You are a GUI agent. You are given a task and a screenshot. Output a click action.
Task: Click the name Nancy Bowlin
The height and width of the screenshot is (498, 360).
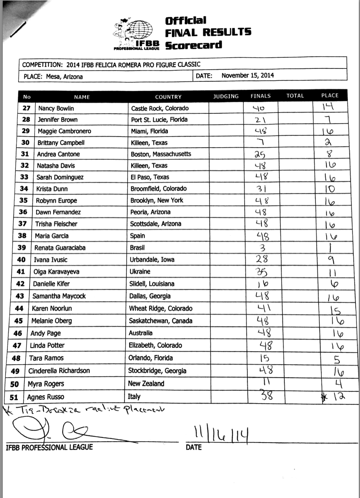coord(56,108)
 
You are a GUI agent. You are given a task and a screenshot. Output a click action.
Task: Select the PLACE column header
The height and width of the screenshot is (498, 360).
coord(330,96)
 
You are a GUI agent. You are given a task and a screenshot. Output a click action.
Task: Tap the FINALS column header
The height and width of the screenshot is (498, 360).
coord(261,96)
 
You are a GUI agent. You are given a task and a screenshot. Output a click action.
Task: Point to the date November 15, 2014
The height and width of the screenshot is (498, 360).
coord(248,76)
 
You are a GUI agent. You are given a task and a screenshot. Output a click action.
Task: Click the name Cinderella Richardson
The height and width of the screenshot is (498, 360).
coord(59,371)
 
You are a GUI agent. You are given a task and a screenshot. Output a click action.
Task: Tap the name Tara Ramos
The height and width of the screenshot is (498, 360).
coord(46,358)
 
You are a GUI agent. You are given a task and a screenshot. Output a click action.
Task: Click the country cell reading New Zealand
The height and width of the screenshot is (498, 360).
coord(146,383)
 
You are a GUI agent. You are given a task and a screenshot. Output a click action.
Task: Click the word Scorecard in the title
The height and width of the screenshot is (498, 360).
coord(193,45)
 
